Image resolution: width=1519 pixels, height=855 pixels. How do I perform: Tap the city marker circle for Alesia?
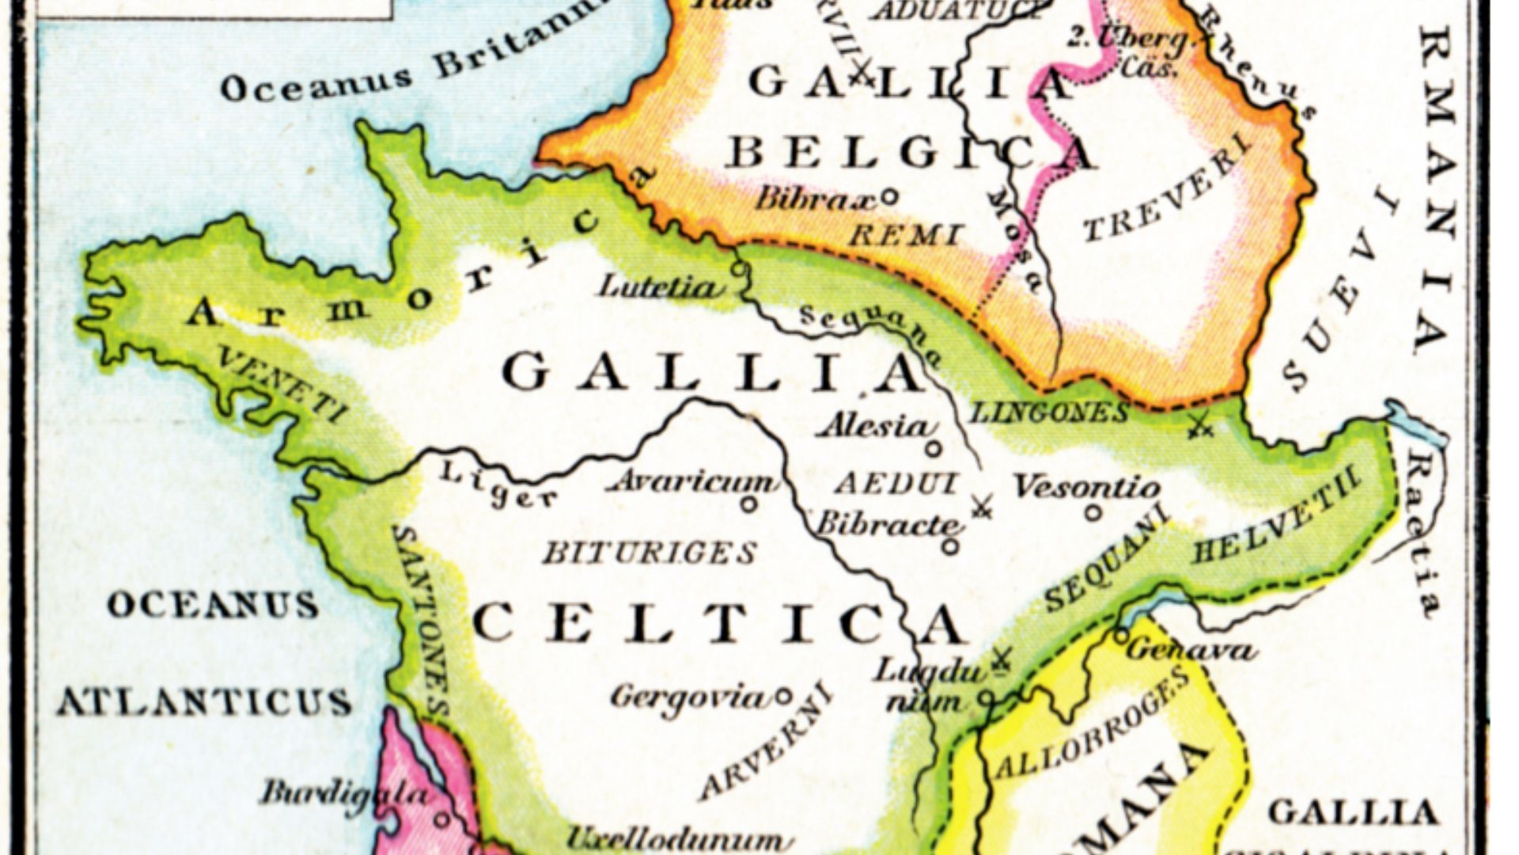[x=934, y=449]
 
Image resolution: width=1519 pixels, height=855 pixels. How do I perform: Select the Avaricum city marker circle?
[x=748, y=503]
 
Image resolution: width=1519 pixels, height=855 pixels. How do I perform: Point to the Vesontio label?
[x=1086, y=487]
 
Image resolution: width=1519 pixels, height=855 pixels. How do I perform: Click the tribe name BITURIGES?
[x=649, y=553]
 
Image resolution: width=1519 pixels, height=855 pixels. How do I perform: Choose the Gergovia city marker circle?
[x=782, y=697]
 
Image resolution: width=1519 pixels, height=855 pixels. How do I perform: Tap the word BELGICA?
[x=910, y=154]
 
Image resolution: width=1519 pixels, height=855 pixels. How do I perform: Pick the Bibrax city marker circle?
[x=889, y=196]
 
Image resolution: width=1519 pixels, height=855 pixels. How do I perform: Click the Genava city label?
[x=1191, y=651]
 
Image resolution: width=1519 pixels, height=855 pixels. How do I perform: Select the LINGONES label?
[x=1049, y=412]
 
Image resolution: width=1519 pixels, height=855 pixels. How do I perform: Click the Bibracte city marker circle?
[x=951, y=546]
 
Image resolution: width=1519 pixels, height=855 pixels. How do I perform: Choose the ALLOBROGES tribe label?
[x=1092, y=724]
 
